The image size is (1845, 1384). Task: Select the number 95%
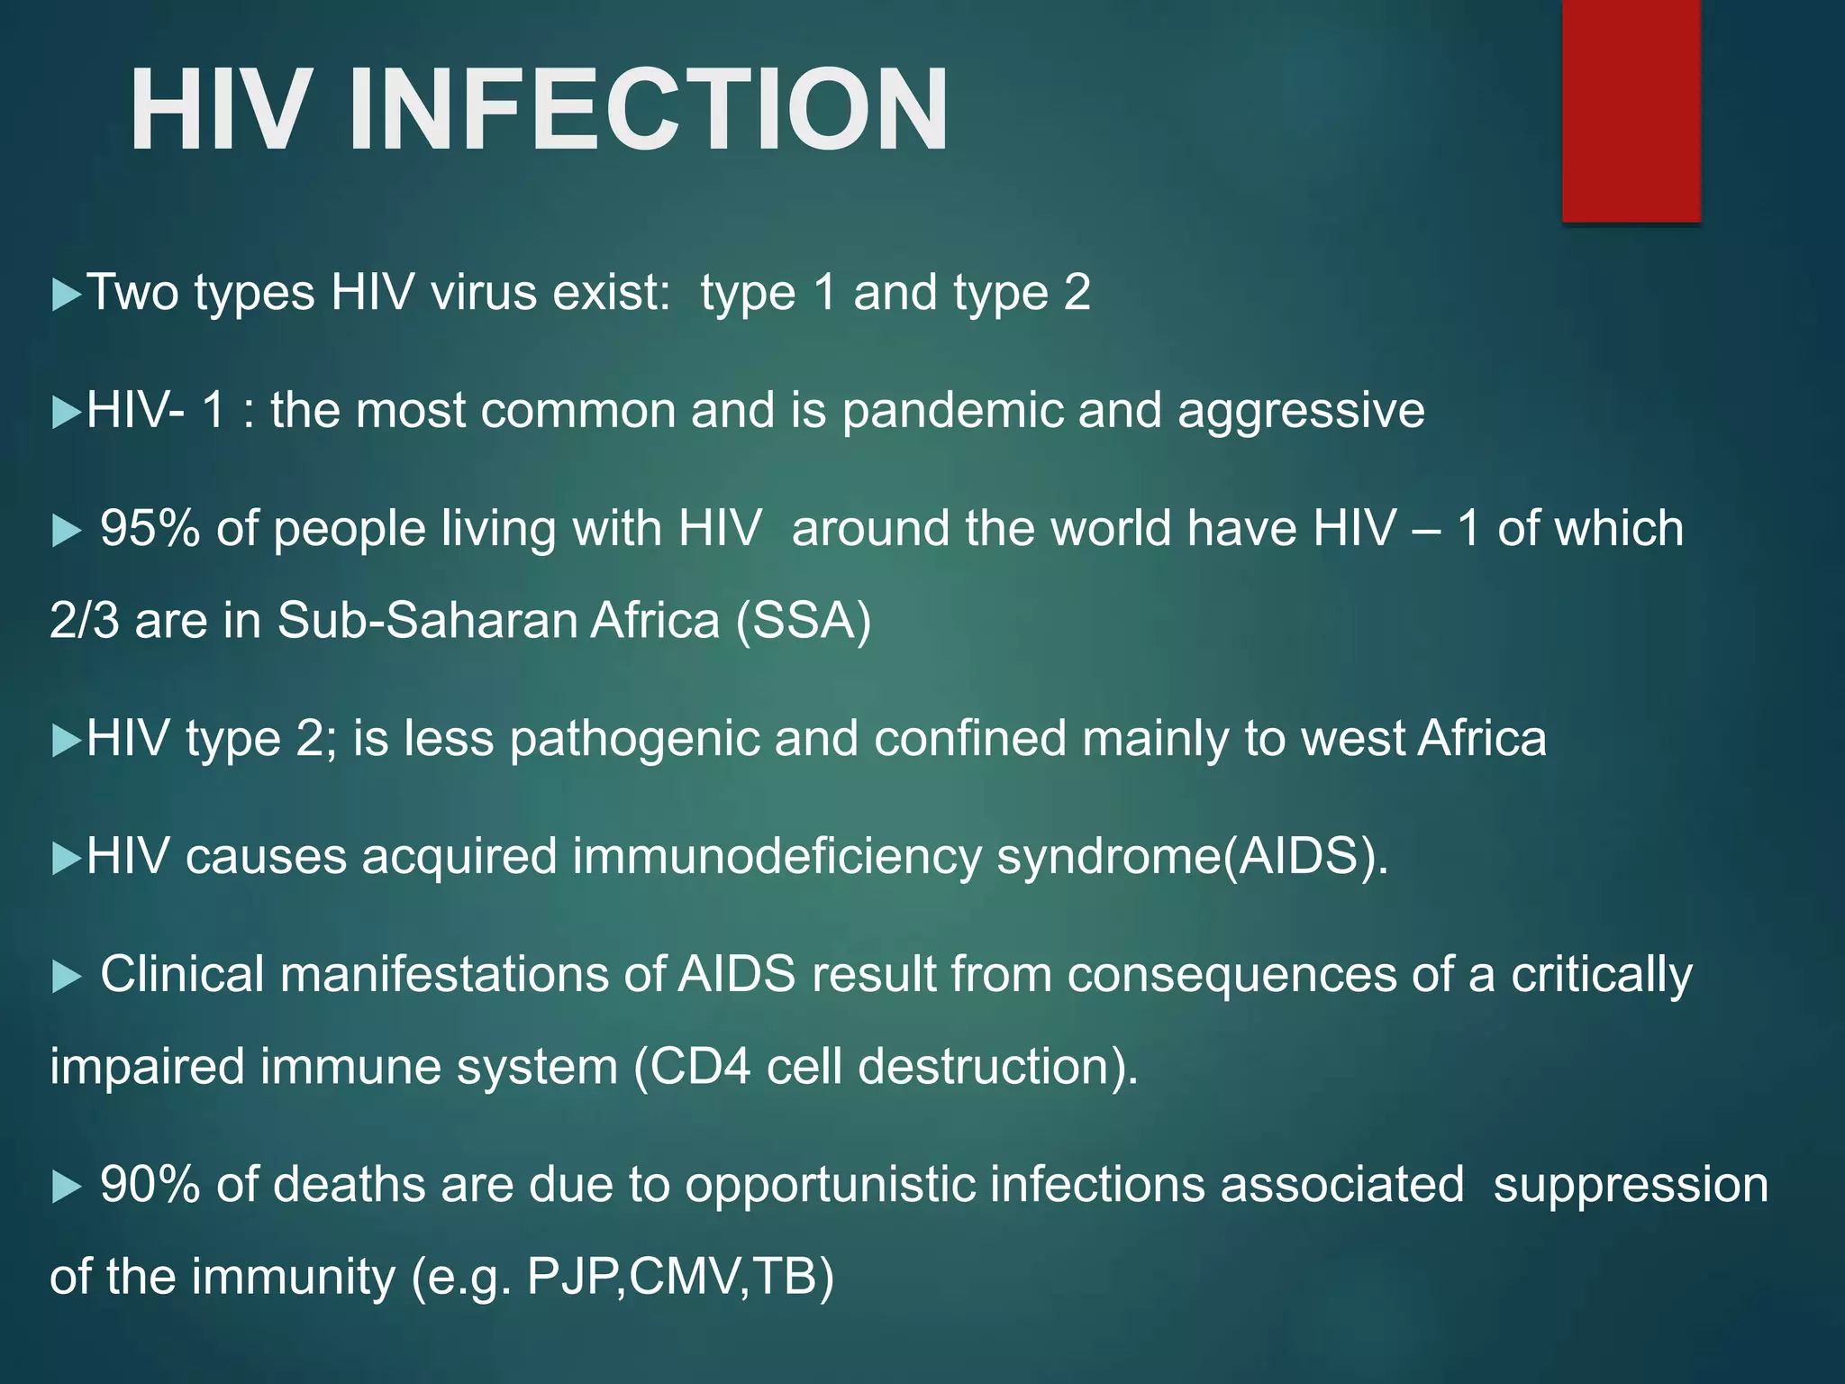(150, 528)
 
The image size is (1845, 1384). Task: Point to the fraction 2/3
(84, 621)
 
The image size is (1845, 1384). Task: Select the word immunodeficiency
(777, 856)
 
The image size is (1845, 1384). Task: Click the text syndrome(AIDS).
(1193, 856)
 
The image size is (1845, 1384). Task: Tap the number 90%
(150, 1185)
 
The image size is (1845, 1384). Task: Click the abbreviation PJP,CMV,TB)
(680, 1277)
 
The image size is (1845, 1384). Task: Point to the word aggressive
(1301, 412)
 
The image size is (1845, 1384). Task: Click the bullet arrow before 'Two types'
(67, 295)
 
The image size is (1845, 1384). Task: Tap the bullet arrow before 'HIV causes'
(67, 858)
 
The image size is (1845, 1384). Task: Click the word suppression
(1631, 1185)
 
